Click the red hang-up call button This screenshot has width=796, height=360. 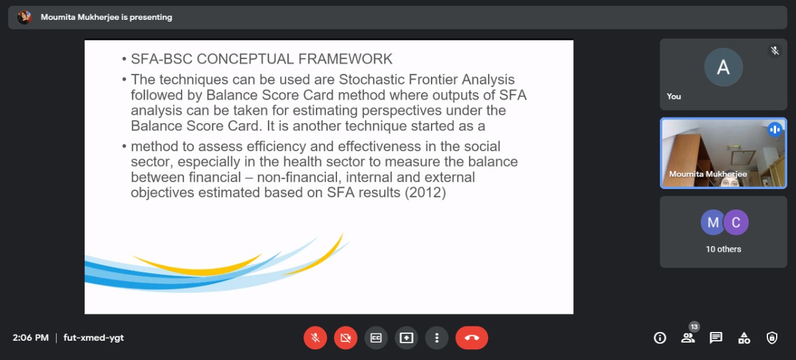(x=471, y=338)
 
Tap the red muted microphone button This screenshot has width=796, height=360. (x=315, y=338)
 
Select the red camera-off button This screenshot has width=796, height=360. (x=345, y=338)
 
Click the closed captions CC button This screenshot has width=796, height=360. (x=376, y=338)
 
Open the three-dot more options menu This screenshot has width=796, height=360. (x=437, y=338)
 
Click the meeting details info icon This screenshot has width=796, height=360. (x=660, y=338)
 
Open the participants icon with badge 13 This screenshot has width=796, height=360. (x=688, y=337)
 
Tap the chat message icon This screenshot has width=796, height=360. (x=716, y=338)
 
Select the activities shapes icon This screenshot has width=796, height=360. (x=744, y=338)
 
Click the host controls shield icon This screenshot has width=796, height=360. (x=772, y=338)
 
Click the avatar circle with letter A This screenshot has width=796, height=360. (x=723, y=67)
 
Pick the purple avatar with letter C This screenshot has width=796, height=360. (x=736, y=223)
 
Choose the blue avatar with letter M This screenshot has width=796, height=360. (x=712, y=223)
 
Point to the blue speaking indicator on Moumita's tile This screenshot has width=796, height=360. (x=775, y=130)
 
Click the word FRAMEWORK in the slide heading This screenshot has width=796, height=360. (x=345, y=59)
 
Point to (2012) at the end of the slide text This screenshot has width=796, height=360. (x=425, y=193)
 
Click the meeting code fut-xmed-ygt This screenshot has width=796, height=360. (x=93, y=338)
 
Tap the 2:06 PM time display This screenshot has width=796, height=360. (x=30, y=338)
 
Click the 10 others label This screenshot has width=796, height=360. (x=723, y=249)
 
